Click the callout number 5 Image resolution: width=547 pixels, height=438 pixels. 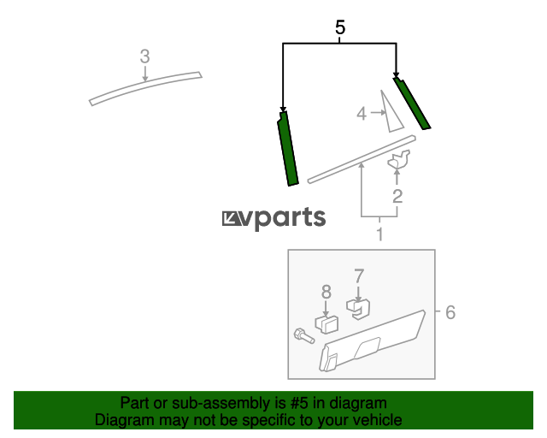pyautogui.click(x=340, y=27)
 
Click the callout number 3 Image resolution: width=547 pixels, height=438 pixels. pyautogui.click(x=144, y=56)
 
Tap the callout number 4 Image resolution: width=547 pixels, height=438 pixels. pyautogui.click(x=362, y=114)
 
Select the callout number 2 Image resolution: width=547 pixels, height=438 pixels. pyautogui.click(x=397, y=196)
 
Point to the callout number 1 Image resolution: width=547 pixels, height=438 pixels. pyautogui.click(x=379, y=234)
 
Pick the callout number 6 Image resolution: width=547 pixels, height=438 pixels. pyautogui.click(x=450, y=312)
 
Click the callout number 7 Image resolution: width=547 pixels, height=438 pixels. pyautogui.click(x=359, y=276)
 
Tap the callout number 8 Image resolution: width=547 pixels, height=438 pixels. pyautogui.click(x=326, y=292)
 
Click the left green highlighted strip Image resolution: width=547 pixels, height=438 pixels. pyautogui.click(x=288, y=150)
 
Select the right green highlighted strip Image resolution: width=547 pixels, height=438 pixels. pyautogui.click(x=412, y=104)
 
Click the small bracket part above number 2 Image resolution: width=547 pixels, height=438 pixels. pyautogui.click(x=399, y=159)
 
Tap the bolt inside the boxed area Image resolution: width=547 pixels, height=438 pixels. pyautogui.click(x=304, y=336)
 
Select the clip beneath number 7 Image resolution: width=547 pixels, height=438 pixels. pyautogui.click(x=359, y=309)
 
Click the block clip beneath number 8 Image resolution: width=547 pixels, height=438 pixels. pyautogui.click(x=326, y=324)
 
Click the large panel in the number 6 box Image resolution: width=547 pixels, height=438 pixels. pyautogui.click(x=372, y=340)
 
